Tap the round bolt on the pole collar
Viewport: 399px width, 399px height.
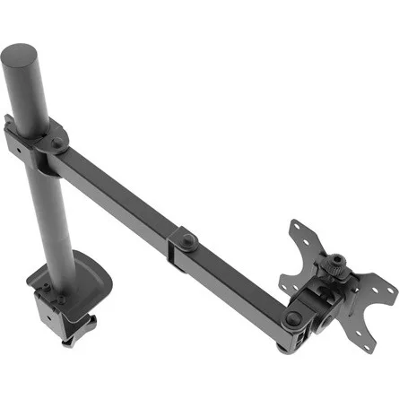coord(59,141)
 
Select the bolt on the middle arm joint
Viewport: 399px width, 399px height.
coord(191,240)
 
